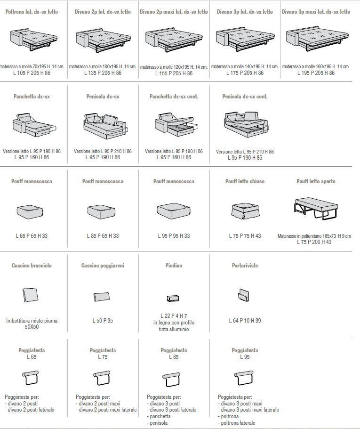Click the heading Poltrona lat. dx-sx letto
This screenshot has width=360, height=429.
pos(32,12)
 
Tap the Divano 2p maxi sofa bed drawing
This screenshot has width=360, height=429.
pos(174,40)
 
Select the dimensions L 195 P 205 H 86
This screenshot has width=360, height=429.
pos(316,73)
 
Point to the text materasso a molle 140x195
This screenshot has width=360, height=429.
pos(238,66)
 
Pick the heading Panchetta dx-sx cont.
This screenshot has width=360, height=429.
pos(174,97)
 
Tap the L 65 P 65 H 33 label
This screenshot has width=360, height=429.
pos(32,236)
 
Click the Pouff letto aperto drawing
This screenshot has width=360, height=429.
pos(316,209)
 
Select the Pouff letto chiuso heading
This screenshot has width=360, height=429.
pos(245,181)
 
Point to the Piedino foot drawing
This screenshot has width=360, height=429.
pos(173,298)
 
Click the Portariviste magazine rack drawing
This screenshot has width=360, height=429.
pos(244,295)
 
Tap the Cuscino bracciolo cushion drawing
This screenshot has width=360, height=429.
pos(30,295)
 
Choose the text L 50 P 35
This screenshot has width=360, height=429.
pos(103,321)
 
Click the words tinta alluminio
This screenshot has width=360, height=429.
pos(174,329)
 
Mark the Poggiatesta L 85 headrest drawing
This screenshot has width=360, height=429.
pos(171,380)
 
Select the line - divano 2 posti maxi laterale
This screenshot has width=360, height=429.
pos(106,410)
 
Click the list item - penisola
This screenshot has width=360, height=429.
pos(157,423)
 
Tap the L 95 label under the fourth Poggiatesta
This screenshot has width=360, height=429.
pos(245,357)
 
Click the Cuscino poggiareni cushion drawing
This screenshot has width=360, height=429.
pos(102,297)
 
